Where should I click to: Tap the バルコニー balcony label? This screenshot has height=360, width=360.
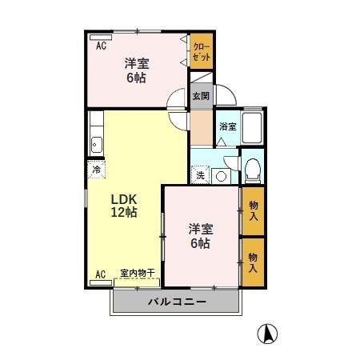click(x=177, y=302)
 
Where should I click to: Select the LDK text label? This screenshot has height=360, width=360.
click(x=123, y=198)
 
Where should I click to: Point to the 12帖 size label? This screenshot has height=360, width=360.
click(x=123, y=213)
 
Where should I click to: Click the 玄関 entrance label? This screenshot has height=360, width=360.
click(x=200, y=97)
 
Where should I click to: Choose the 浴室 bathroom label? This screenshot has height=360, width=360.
click(x=227, y=126)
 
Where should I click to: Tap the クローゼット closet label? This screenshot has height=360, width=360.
click(x=201, y=53)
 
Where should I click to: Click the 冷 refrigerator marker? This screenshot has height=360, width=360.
click(x=96, y=169)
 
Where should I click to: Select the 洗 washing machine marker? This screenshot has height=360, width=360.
click(x=200, y=175)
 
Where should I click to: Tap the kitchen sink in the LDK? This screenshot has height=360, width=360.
click(x=96, y=145)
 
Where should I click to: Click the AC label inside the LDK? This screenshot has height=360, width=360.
click(x=101, y=274)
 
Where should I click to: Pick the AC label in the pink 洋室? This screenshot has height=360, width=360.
click(x=101, y=46)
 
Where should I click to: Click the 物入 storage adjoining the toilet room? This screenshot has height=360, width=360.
click(x=253, y=210)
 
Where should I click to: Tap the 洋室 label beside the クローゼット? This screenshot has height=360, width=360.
click(x=135, y=63)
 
